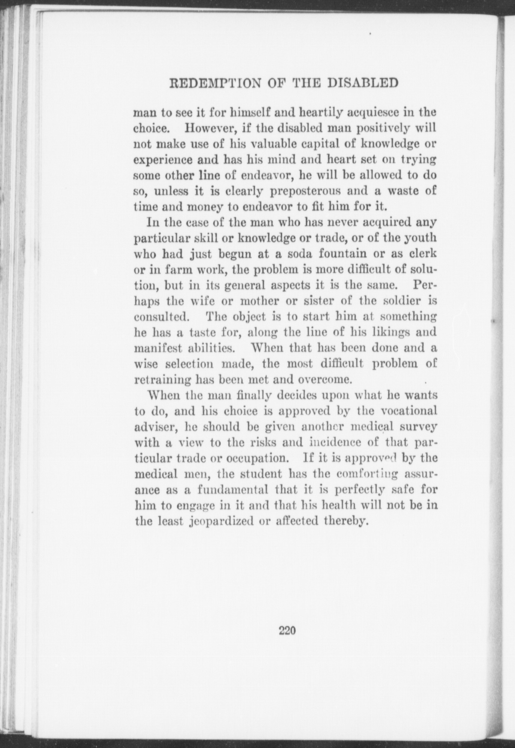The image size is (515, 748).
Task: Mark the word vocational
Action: pos(409,411)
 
